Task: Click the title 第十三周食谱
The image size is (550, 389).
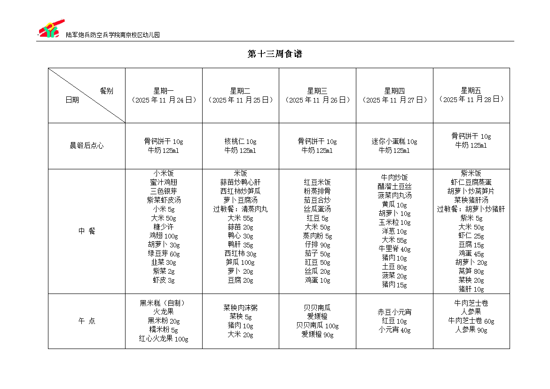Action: click(x=275, y=54)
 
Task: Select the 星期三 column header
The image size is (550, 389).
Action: click(x=317, y=91)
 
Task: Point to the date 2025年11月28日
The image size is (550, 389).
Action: click(x=471, y=99)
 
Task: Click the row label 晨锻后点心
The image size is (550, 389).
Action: click(x=86, y=146)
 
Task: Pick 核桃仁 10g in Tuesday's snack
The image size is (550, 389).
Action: click(x=240, y=142)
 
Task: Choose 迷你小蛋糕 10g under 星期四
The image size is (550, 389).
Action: click(x=394, y=142)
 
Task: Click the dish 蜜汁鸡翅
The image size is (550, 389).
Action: click(x=164, y=183)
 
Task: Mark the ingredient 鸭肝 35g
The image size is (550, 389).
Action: click(x=240, y=245)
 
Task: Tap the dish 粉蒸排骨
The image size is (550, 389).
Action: click(x=317, y=191)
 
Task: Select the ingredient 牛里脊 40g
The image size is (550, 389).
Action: click(x=394, y=249)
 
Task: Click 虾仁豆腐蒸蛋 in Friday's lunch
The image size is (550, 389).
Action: click(x=471, y=183)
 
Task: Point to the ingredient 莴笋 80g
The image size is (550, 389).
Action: click(x=471, y=271)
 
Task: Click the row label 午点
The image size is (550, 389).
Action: click(x=86, y=321)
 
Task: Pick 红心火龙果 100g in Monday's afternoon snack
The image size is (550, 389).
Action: click(x=164, y=339)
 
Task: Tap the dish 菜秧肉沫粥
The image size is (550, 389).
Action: click(x=240, y=308)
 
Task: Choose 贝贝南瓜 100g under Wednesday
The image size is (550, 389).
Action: click(x=317, y=326)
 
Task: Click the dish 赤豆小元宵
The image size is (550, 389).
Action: click(x=394, y=312)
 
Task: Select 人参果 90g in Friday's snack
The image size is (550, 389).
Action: click(x=471, y=330)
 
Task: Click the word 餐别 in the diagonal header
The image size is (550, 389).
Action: click(x=106, y=91)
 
